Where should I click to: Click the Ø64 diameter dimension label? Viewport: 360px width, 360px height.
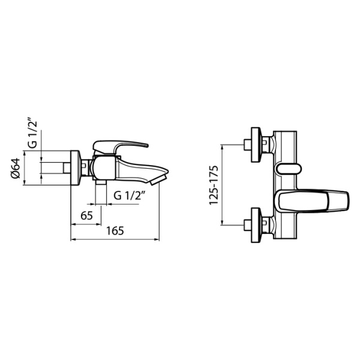pos(16,168)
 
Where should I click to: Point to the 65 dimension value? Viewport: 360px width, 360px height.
pos(86,215)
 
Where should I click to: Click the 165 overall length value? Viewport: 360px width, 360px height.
pos(115,231)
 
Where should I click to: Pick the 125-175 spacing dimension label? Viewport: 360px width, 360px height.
pos(214,185)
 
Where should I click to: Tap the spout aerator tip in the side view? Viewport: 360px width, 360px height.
pos(158,179)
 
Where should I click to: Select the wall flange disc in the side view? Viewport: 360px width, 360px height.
pos(75,167)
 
